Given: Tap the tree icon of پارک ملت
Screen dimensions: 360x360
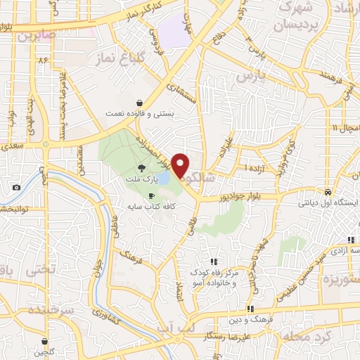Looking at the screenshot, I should tap(142, 167).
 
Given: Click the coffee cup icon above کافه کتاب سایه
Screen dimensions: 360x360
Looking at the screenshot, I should tap(151, 195).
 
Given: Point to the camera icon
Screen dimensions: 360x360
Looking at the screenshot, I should tap(16, 188).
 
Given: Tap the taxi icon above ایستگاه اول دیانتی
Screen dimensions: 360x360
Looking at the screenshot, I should tap(327, 192).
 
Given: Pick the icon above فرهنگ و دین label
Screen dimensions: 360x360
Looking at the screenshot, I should tap(250, 309).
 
